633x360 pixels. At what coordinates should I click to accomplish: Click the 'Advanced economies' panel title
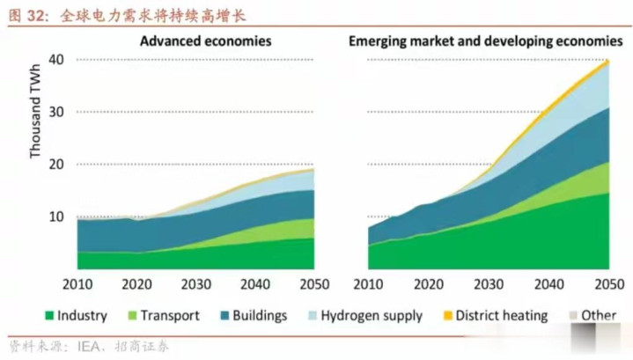[206, 41]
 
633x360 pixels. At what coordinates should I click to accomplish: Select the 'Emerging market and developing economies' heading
[485, 41]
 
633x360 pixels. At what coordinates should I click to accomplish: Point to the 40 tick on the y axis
[56, 60]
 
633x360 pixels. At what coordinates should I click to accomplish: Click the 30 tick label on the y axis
[56, 112]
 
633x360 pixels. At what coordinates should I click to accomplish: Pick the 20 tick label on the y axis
[56, 165]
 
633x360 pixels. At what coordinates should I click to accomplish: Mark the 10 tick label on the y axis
[56, 217]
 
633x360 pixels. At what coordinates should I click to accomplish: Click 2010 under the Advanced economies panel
[77, 284]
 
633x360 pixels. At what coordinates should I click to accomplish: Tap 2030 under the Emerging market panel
[489, 284]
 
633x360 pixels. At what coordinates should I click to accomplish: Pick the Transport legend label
[171, 316]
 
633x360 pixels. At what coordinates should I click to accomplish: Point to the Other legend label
[599, 316]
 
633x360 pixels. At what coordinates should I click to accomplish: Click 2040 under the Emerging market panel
[548, 284]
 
